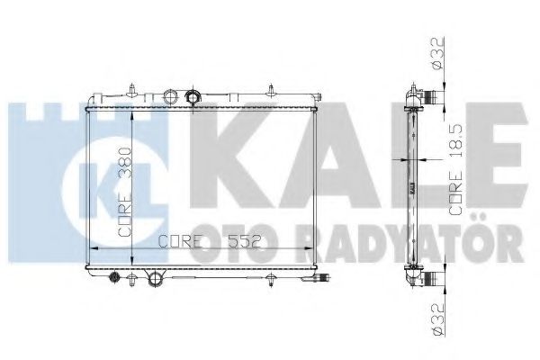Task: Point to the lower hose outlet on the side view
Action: tap(436, 280)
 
